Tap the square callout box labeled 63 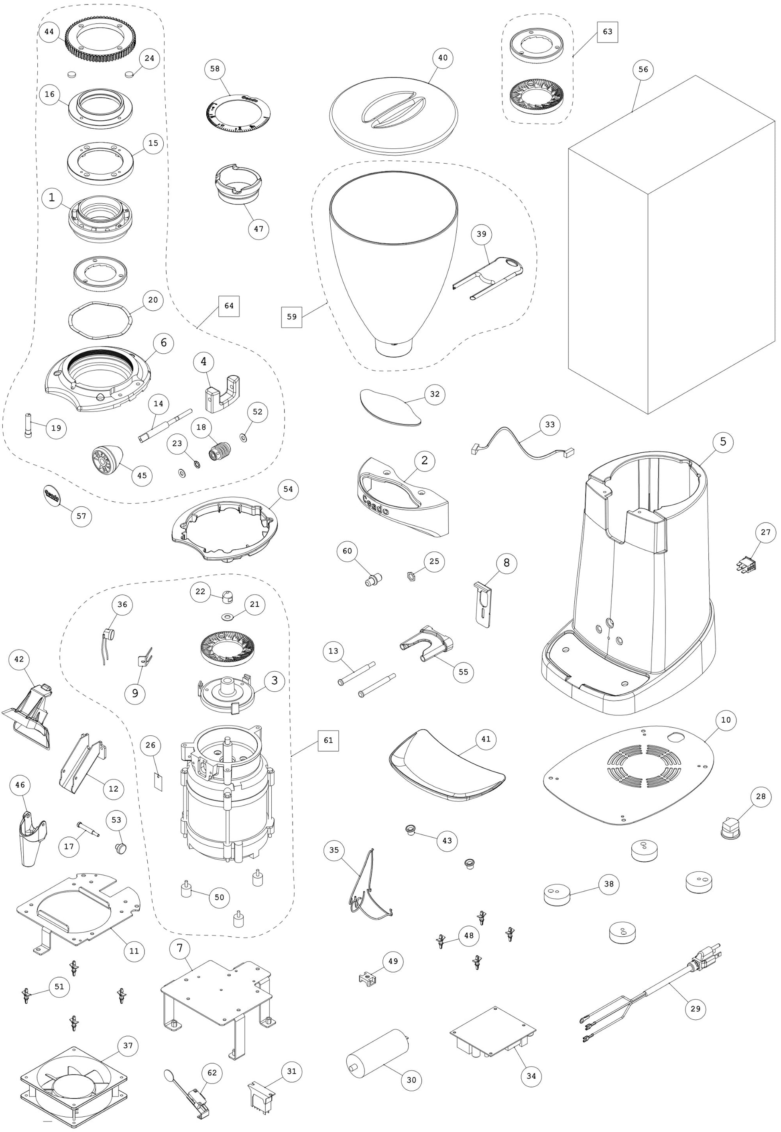click(607, 32)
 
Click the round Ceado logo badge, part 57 click(52, 494)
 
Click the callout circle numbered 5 click(723, 442)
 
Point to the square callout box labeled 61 click(328, 740)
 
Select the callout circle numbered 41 click(486, 739)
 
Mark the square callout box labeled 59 click(292, 316)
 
